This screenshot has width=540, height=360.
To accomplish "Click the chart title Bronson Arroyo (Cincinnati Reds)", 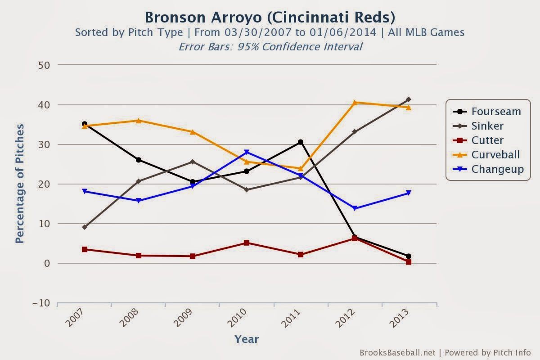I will click(x=270, y=17).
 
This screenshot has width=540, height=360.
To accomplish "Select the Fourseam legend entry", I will click(x=496, y=112).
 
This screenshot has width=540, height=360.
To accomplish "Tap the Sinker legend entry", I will click(x=487, y=126).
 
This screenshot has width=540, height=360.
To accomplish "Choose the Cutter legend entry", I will click(x=487, y=140).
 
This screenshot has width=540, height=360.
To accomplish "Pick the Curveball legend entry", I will click(x=495, y=155).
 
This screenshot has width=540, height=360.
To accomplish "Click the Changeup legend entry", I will click(x=498, y=169).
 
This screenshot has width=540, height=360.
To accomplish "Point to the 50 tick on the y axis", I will click(x=44, y=65).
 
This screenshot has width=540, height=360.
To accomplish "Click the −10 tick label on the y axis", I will click(x=41, y=303).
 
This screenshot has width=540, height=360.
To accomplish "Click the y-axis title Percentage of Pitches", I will click(x=20, y=184).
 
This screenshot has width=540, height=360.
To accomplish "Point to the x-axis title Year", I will click(x=247, y=339).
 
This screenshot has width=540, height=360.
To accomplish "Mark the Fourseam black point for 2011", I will click(x=301, y=142).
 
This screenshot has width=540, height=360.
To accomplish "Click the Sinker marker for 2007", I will click(x=85, y=227).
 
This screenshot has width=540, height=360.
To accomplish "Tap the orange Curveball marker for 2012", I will click(x=355, y=103).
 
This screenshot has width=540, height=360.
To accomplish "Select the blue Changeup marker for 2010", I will click(x=247, y=152).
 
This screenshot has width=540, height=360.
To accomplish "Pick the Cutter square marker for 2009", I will click(x=193, y=256).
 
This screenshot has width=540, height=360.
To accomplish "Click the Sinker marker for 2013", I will click(x=409, y=99).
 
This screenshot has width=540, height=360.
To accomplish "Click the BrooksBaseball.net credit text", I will click(x=397, y=352).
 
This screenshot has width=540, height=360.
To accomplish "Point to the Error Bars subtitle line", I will click(x=270, y=46).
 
